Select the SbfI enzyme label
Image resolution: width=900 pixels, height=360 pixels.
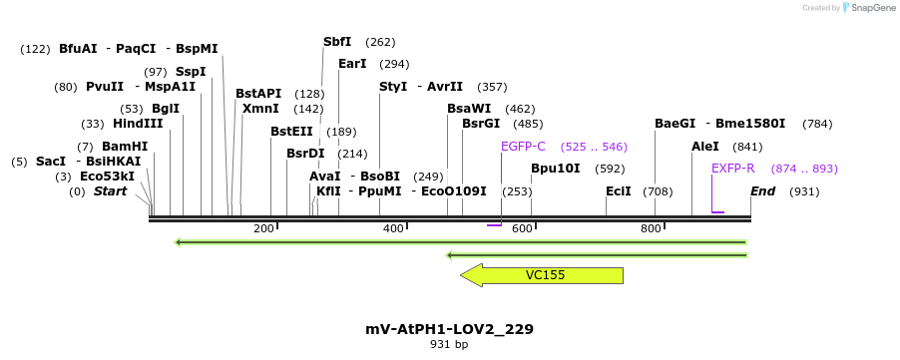tap(337, 42)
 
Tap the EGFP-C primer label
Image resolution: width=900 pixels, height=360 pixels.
tap(523, 146)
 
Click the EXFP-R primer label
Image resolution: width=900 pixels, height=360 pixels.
tap(732, 169)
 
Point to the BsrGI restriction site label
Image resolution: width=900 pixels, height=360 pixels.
tap(481, 124)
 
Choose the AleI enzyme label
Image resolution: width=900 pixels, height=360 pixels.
tap(704, 147)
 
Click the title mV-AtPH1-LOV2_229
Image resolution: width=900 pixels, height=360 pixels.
tap(449, 329)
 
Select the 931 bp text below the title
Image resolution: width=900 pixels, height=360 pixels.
tap(449, 345)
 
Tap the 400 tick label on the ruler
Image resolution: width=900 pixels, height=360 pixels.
tap(393, 229)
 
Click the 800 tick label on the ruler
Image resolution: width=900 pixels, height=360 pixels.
tap(651, 229)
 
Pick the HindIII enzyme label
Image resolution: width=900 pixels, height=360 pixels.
tap(137, 124)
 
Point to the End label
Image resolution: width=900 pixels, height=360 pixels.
tap(762, 191)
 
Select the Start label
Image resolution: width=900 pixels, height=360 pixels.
tap(110, 191)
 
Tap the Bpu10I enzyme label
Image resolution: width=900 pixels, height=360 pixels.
tap(555, 169)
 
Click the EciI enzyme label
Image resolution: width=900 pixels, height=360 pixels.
tap(618, 191)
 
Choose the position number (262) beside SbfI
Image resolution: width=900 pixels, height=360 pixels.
tap(380, 42)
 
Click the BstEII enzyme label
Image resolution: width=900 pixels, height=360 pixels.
tap(291, 132)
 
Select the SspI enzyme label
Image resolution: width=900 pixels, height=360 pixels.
tap(190, 72)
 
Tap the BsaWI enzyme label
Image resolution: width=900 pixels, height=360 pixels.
tap(469, 109)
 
